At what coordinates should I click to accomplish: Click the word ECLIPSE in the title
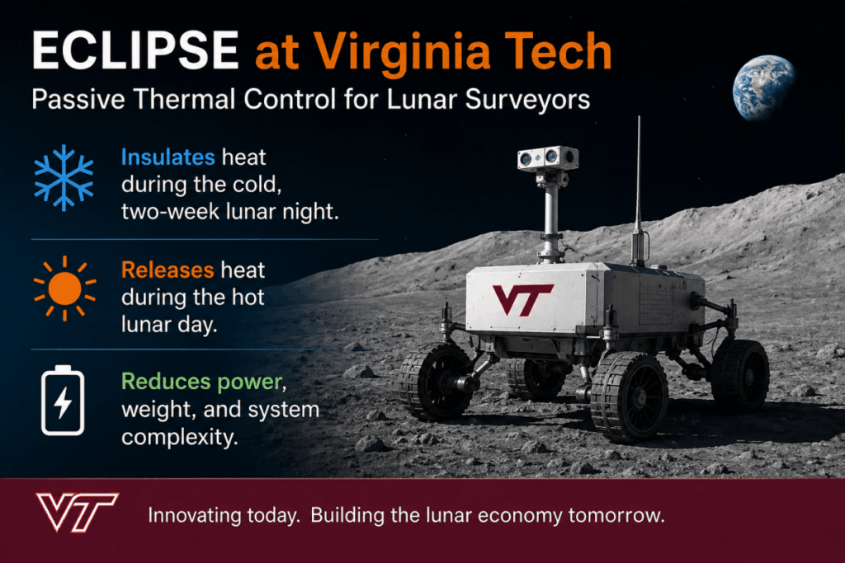click(x=135, y=50)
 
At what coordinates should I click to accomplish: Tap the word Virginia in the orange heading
click(x=402, y=52)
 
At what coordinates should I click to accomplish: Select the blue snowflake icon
click(x=64, y=177)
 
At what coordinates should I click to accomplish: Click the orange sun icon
click(x=64, y=289)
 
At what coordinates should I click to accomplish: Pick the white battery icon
click(x=63, y=400)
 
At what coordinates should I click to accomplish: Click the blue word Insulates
click(x=168, y=157)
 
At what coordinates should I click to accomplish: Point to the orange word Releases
click(x=168, y=270)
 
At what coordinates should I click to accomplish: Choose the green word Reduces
click(x=166, y=382)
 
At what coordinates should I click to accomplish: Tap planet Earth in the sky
click(x=763, y=87)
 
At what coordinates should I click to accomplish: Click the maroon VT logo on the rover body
click(x=522, y=299)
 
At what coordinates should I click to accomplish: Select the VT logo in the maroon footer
click(x=77, y=512)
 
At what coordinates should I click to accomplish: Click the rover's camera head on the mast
click(x=548, y=158)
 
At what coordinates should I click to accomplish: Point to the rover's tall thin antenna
click(x=639, y=190)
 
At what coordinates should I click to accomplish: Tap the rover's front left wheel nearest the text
click(x=436, y=382)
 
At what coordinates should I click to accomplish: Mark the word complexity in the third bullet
click(x=179, y=437)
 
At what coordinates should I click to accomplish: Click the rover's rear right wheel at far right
click(x=740, y=376)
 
